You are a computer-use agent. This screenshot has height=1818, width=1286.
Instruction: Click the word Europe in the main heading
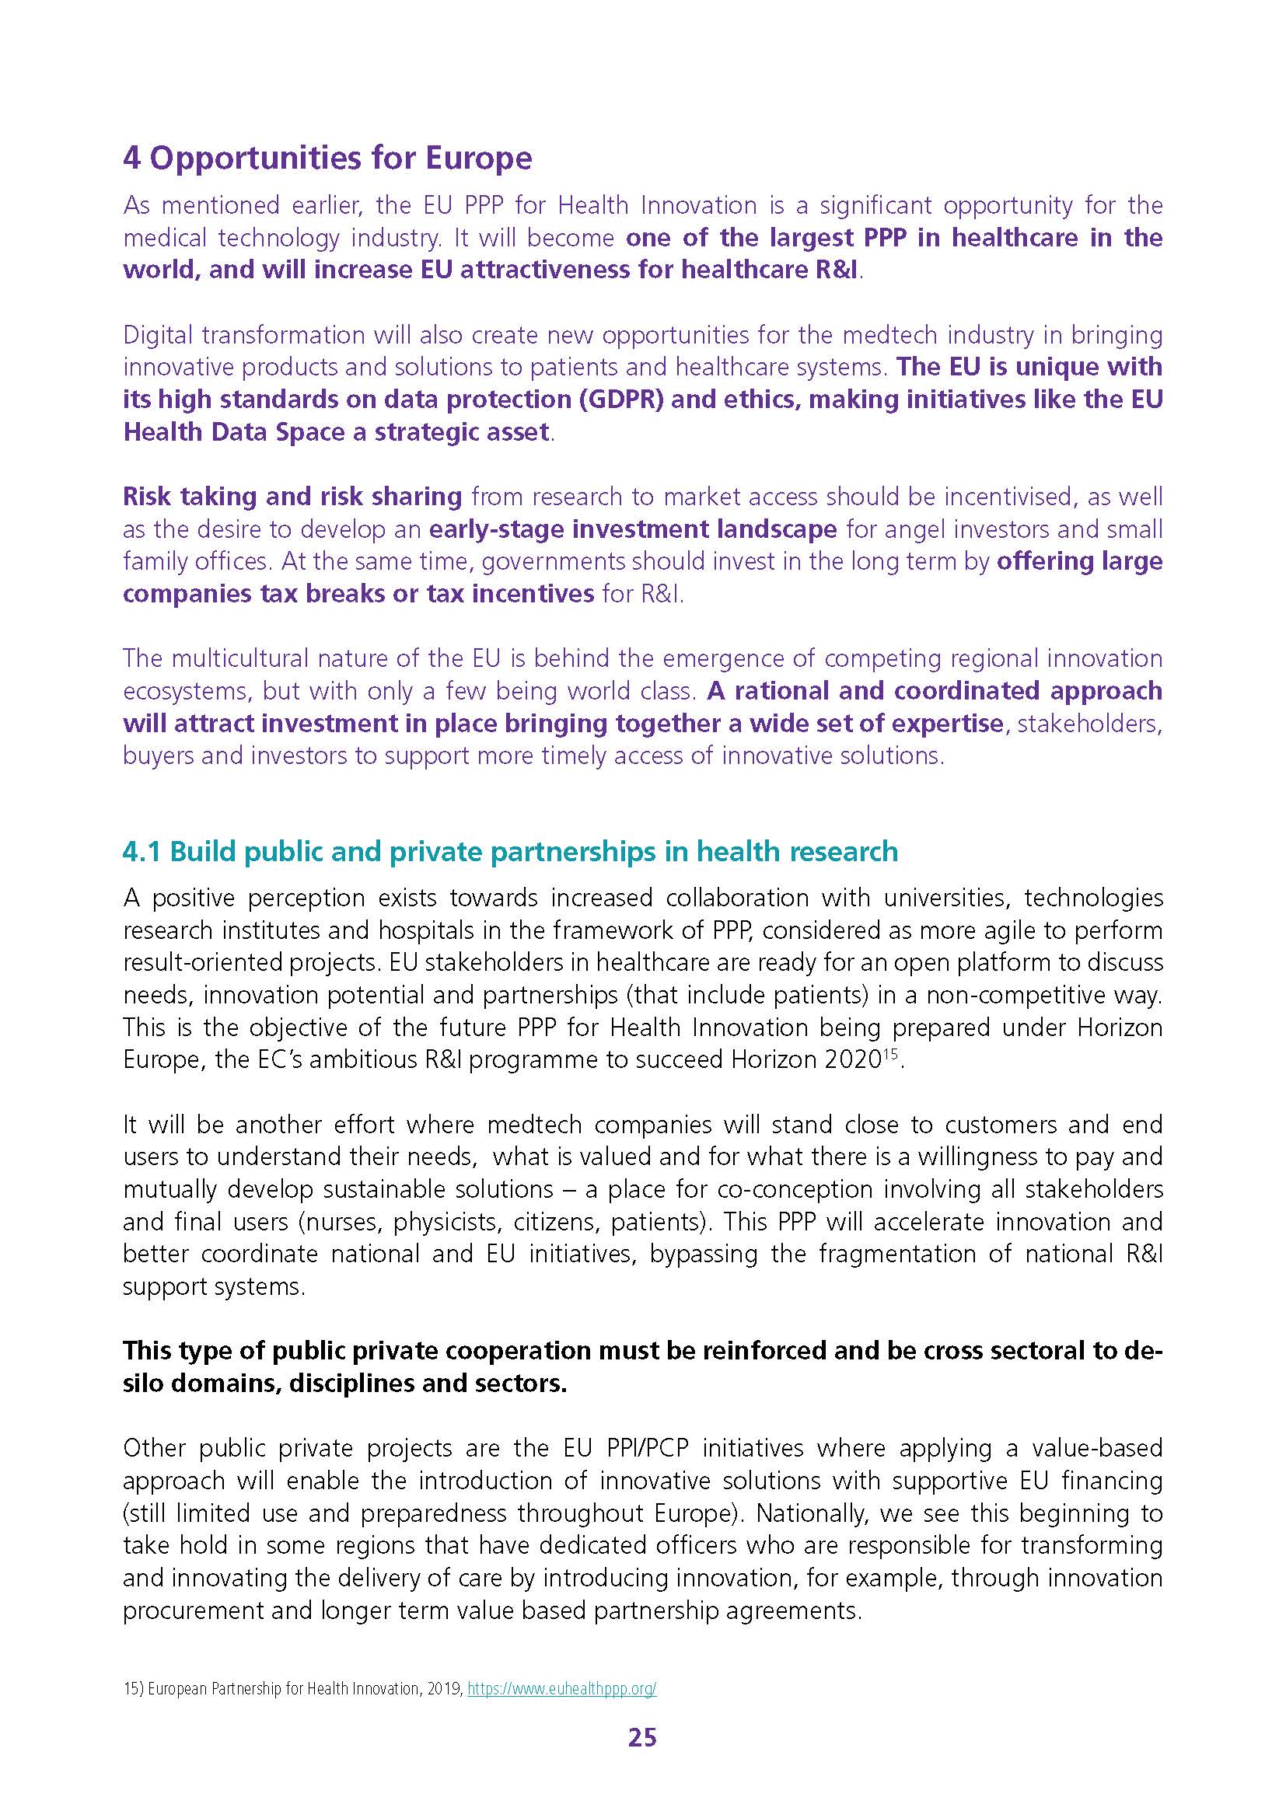(479, 159)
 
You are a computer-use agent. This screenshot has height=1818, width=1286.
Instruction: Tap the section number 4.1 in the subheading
(142, 851)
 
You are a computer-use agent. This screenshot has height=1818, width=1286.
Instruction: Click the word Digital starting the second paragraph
(158, 335)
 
